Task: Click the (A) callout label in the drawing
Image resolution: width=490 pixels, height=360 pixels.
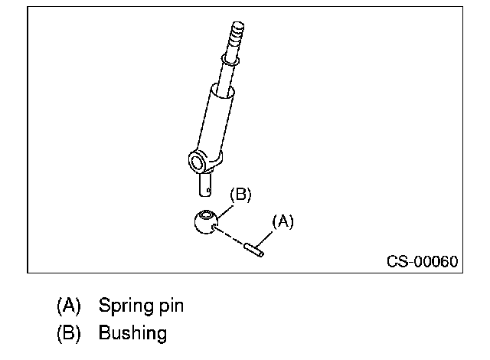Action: [283, 221]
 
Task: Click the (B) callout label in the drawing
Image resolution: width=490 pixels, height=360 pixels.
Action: [240, 195]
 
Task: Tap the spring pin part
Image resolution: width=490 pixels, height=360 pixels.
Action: [253, 250]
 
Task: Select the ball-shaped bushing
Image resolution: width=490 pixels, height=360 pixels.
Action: [206, 222]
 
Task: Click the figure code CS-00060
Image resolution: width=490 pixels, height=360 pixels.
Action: [422, 261]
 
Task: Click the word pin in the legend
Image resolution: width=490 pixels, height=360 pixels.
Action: [171, 306]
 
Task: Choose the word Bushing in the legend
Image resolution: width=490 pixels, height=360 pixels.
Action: [132, 333]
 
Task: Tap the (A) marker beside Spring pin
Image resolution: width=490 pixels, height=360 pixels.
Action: [68, 306]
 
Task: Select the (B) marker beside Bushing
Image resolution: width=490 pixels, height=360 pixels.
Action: [68, 332]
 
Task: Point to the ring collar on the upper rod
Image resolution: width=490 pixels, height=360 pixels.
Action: [230, 59]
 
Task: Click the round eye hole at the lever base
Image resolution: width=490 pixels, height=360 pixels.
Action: [197, 162]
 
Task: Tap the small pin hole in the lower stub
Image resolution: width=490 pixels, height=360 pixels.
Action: [208, 190]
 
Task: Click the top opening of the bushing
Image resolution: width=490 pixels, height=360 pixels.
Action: [206, 214]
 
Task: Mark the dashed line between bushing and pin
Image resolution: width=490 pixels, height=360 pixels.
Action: [229, 236]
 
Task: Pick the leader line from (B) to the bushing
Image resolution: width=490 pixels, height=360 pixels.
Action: [224, 211]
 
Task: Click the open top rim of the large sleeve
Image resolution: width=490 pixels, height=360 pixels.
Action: [222, 91]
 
